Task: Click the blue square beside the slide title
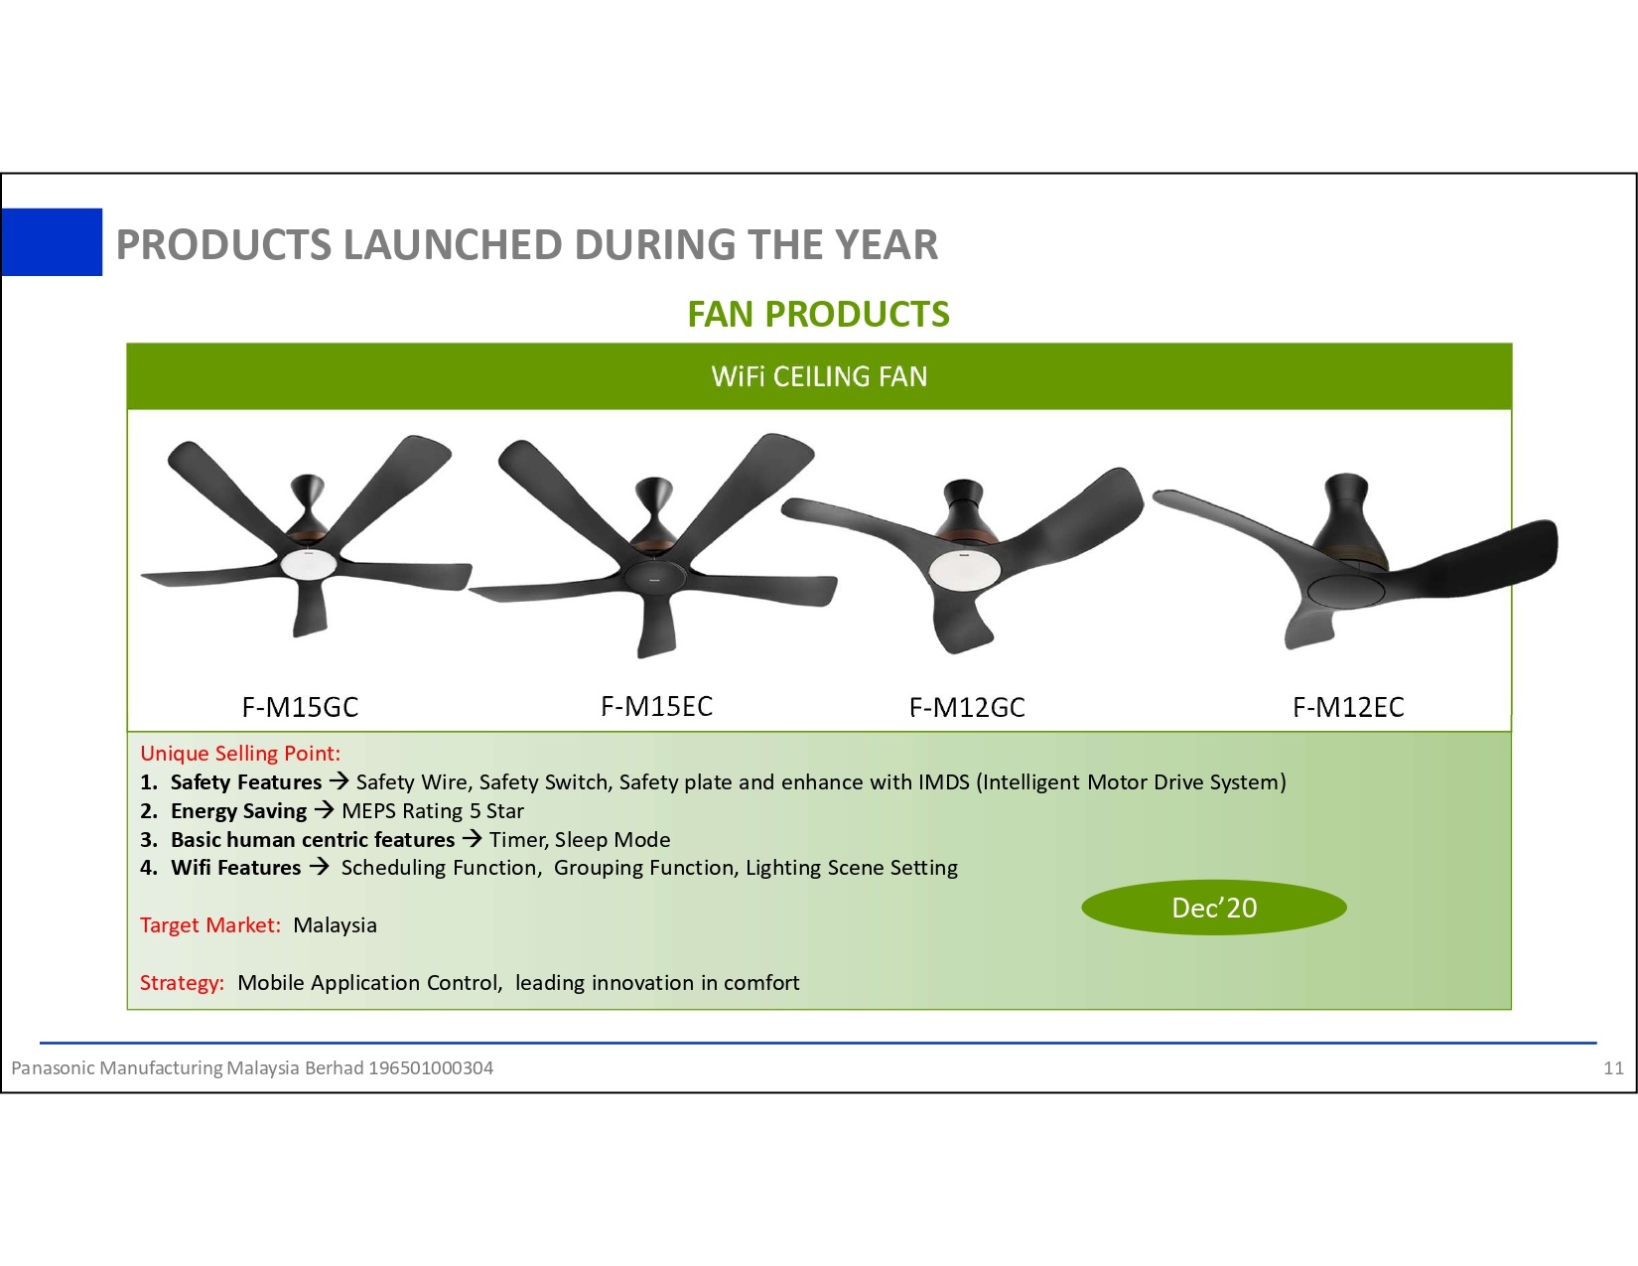(52, 242)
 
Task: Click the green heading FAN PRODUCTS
(819, 315)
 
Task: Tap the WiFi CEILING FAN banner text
(819, 376)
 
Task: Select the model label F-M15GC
(300, 707)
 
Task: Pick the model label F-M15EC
(656, 707)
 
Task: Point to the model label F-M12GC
(967, 707)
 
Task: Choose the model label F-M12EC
(1348, 707)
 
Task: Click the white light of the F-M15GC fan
(309, 563)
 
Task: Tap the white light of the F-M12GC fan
(965, 568)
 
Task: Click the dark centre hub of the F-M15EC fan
(654, 576)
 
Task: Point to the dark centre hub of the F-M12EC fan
(1345, 589)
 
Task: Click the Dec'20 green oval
(1214, 908)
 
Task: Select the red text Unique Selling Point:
(240, 754)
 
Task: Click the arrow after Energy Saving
(325, 810)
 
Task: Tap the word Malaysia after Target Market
(335, 925)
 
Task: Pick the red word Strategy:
(182, 983)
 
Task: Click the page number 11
(1614, 1067)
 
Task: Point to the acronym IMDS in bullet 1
(944, 781)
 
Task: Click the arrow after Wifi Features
(319, 867)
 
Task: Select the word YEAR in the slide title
(886, 244)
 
